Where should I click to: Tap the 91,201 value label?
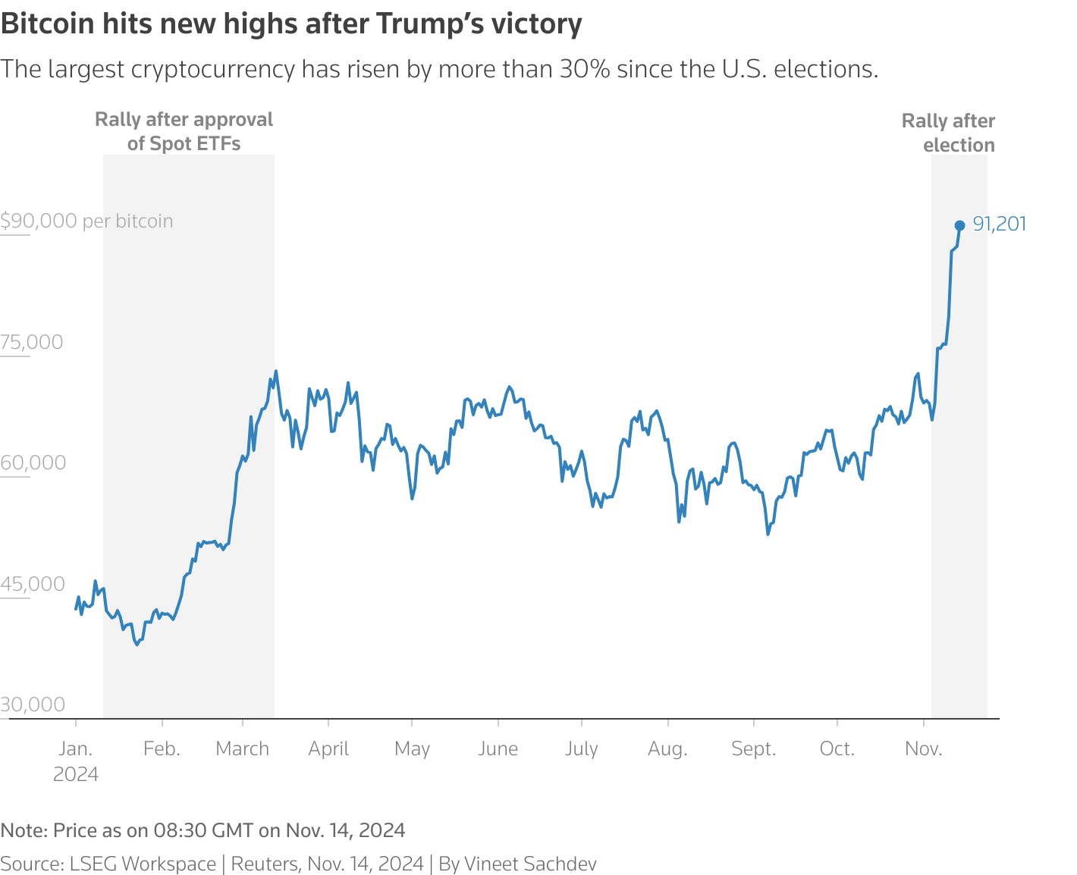(999, 224)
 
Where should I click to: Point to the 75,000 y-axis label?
(32, 342)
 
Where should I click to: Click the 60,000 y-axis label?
(33, 463)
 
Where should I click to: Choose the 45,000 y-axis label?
(33, 584)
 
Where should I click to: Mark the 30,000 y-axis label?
(33, 704)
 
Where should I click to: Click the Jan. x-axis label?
(76, 749)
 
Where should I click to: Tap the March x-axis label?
(242, 749)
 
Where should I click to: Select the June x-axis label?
(498, 749)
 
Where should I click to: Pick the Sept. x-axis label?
(754, 749)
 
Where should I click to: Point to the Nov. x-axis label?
(924, 749)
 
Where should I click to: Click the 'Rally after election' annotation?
(948, 133)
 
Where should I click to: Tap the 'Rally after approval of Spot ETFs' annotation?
(184, 131)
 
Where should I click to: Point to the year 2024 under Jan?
(76, 774)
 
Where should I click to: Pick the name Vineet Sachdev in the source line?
(530, 864)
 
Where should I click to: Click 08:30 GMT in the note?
(203, 830)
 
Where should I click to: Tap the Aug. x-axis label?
(667, 749)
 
